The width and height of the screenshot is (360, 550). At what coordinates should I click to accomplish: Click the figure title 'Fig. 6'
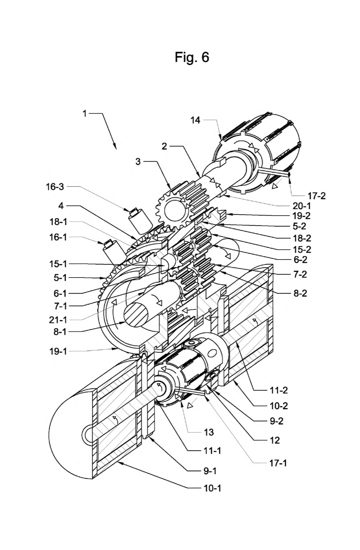(x=192, y=57)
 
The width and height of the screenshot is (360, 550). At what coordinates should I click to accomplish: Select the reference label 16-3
(x=55, y=187)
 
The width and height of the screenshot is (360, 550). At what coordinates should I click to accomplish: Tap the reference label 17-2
(x=316, y=195)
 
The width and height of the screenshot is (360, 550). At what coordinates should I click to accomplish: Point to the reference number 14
(x=195, y=120)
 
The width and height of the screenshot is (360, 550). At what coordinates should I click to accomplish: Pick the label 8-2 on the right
(x=300, y=293)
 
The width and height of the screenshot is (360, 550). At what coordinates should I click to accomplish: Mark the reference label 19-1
(x=58, y=351)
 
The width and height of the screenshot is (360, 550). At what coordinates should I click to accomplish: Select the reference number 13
(x=209, y=432)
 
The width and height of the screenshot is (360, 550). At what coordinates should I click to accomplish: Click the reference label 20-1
(x=302, y=206)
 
